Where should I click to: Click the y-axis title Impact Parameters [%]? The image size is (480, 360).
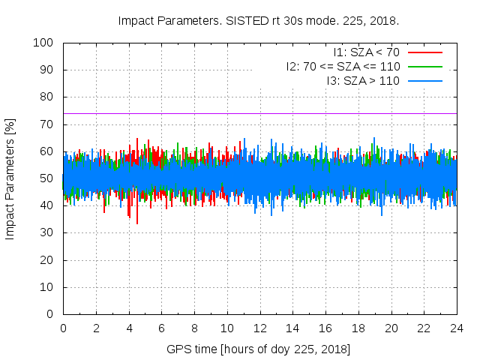[10, 178]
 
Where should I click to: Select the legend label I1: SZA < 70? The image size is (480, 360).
[366, 52]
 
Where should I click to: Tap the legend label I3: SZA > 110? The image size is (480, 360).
[363, 79]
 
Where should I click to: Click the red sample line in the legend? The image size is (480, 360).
[424, 52]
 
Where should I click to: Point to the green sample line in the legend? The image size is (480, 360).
[424, 66]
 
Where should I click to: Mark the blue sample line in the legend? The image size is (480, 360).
[424, 79]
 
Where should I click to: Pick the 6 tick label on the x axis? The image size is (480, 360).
[161, 328]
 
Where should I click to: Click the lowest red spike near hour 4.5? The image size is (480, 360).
[136, 222]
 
